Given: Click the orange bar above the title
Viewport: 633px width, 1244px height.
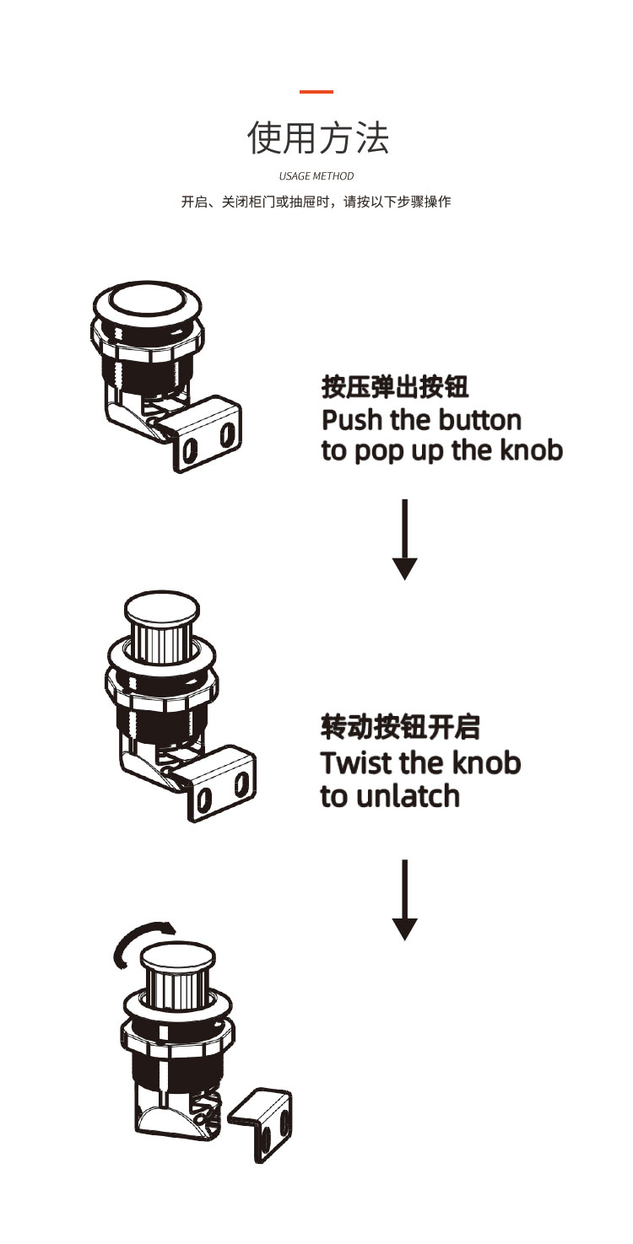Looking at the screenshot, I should pos(316,91).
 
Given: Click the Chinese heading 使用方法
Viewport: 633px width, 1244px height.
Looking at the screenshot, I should pos(317,137).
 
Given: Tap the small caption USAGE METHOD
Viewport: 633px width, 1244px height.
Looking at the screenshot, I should pos(316,176).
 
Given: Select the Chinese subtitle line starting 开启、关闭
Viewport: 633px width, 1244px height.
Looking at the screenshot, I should pos(316,202).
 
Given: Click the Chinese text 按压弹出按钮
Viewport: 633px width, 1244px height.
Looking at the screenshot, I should pos(395,388).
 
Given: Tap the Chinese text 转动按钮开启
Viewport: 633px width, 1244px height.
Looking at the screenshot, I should pos(400,726).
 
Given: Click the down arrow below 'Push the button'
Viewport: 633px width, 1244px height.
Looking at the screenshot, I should pos(405,540).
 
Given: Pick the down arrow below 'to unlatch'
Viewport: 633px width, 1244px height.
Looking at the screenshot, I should pos(405,900).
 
